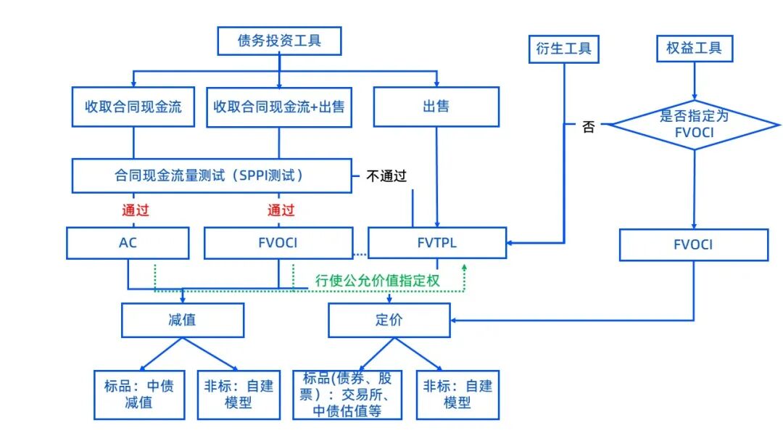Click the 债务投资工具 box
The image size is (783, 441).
point(279,41)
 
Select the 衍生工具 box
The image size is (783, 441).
point(563,49)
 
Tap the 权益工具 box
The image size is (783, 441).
point(694,49)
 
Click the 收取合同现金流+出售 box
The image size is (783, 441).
point(279,107)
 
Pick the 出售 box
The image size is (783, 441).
point(436,107)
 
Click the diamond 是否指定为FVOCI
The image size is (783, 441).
point(694,125)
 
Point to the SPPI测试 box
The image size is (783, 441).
point(211,176)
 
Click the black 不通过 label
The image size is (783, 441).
point(386,176)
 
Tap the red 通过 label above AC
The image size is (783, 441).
point(136,210)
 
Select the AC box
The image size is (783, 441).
point(128,243)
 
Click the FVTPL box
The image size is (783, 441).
point(437,243)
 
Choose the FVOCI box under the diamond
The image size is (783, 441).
point(693,245)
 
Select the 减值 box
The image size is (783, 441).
point(182,320)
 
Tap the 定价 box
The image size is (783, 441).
point(389,320)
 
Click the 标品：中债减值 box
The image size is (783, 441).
point(138,394)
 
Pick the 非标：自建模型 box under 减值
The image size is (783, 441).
point(239,394)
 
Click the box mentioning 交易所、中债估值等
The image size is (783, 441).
point(347,395)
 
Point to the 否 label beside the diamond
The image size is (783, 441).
point(589,127)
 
